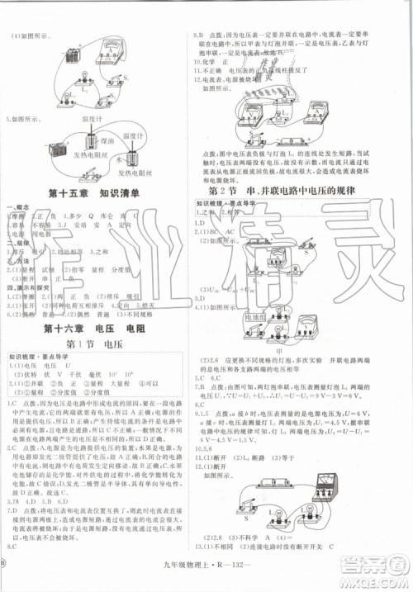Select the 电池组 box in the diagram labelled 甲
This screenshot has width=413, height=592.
[255, 318]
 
